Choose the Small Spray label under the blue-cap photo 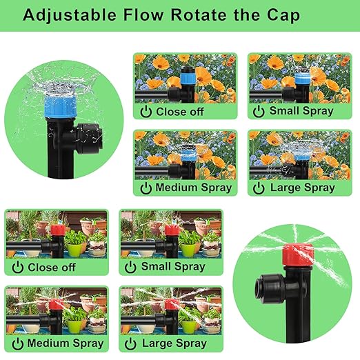tap(301, 110)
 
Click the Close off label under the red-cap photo tap(52, 267)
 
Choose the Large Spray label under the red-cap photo tap(175, 343)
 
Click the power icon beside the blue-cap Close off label tap(146, 110)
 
